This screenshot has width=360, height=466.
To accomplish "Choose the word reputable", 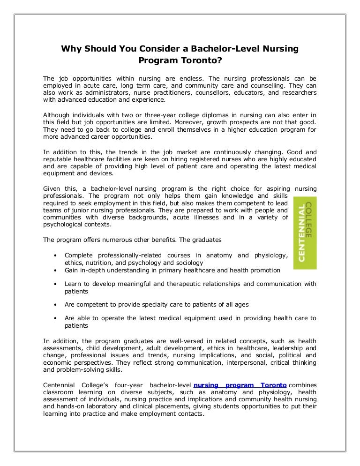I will [x=59, y=160].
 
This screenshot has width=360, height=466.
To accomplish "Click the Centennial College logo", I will [x=305, y=233].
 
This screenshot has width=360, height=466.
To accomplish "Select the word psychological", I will [x=64, y=225].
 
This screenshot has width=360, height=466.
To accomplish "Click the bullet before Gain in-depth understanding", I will [x=55, y=270].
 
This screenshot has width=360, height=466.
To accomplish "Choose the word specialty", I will [x=153, y=305].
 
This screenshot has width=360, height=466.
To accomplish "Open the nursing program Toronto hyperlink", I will [x=240, y=385].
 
